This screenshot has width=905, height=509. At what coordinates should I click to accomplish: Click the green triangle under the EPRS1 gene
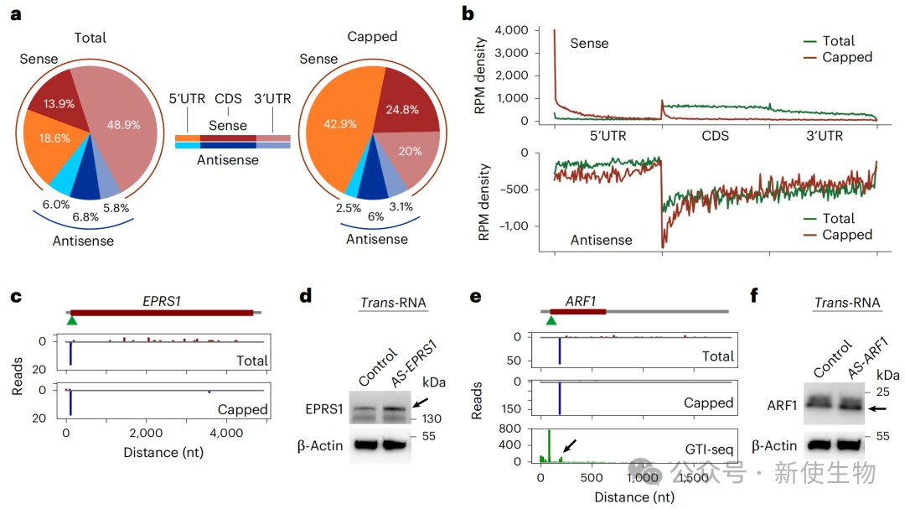tap(72, 320)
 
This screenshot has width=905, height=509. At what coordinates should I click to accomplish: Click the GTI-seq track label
tap(710, 448)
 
